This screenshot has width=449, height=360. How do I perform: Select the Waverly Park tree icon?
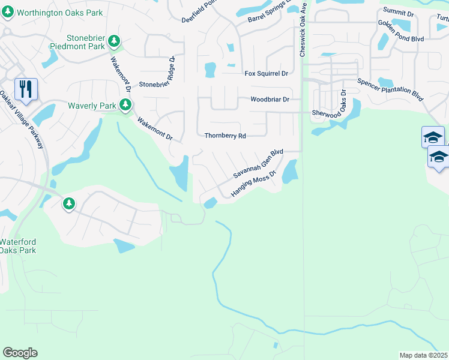click(125, 106)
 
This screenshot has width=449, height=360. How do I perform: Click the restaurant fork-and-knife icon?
click(26, 89)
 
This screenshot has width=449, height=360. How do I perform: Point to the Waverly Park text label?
click(92, 106)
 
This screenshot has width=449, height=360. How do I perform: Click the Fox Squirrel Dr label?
click(267, 73)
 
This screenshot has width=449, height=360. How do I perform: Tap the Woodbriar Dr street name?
click(270, 99)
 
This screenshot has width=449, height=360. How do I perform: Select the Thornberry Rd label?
click(225, 136)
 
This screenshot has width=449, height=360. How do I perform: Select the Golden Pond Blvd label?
click(401, 31)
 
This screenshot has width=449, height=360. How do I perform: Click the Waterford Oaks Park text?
click(18, 246)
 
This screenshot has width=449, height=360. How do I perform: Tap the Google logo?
click(20, 353)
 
